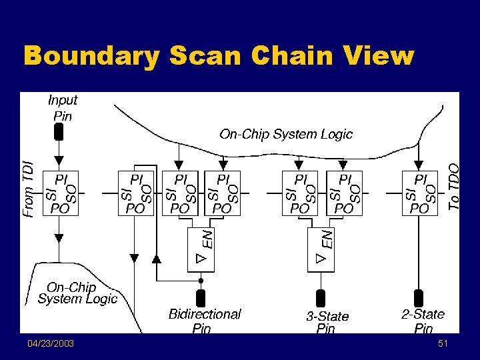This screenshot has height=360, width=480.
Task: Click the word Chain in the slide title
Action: coord(287,56)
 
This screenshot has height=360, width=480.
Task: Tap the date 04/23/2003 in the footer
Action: coord(51,343)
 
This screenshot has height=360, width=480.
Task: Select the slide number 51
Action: coord(443,343)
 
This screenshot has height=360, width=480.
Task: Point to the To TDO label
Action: coord(453,187)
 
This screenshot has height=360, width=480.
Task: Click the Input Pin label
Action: coord(62,107)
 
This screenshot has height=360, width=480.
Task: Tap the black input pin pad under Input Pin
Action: coord(59,132)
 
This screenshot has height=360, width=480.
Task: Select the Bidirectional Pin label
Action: coord(205,321)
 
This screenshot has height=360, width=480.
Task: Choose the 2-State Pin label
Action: coord(423,321)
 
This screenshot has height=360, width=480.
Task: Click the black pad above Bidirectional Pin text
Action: coord(201,297)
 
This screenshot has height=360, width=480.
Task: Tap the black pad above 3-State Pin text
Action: coord(320,297)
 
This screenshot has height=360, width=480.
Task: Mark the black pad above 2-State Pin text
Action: coord(419,297)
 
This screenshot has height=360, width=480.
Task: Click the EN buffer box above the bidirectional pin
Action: coord(201,249)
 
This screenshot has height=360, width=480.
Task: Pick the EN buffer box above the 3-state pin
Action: coord(320,249)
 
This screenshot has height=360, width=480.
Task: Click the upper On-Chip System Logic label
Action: coord(286,134)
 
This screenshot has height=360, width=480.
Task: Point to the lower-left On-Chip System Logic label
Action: coord(77,293)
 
